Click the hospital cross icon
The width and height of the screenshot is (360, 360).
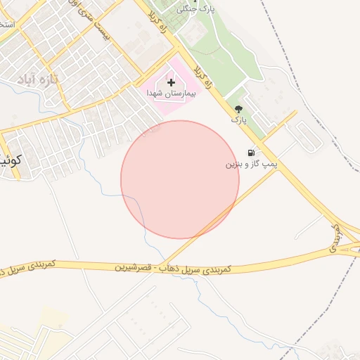[x=171, y=82]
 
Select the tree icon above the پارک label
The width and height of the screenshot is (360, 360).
[x=239, y=108]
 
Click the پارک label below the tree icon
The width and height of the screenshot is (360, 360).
[x=239, y=120]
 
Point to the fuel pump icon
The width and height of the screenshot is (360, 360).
[x=251, y=153]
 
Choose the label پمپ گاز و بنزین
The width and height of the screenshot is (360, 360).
[x=251, y=164]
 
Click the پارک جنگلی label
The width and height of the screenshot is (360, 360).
[x=194, y=8]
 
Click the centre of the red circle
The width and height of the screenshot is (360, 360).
[x=180, y=179]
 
